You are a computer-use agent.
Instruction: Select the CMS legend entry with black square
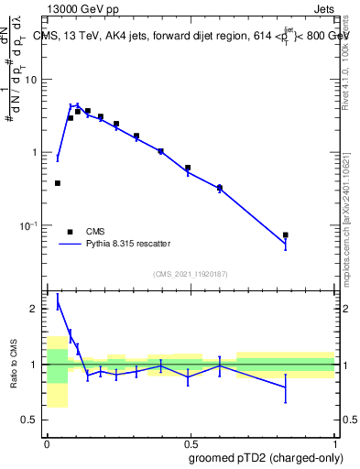pos(82,232)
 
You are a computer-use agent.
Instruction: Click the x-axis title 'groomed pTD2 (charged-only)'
pos(267,458)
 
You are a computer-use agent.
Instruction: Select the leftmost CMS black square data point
pos(58,183)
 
